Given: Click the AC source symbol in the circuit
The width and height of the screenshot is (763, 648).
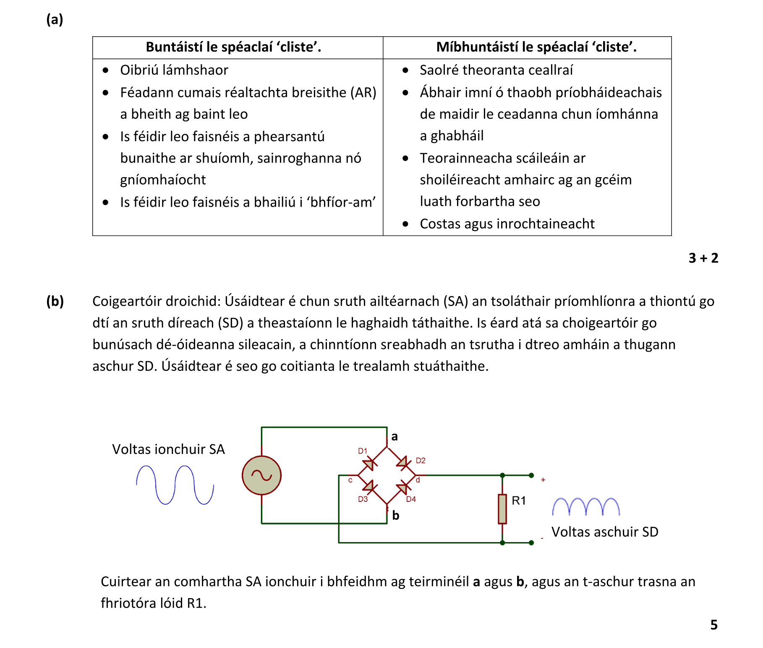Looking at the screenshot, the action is coord(261,475).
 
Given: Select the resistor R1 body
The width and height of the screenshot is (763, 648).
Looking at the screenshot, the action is coord(502,509).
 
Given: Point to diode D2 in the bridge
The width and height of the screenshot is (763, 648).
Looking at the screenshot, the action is coord(403,463).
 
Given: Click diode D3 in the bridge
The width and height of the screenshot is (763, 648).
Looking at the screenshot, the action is coord(369,487).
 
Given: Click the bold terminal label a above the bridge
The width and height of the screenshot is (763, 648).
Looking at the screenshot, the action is coord(395,437).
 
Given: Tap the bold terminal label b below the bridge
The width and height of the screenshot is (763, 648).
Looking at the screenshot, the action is coord(396,515).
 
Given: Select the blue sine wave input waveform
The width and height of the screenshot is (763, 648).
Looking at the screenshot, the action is coord(175,485).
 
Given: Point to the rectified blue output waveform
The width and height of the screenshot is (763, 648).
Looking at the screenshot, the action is coord(586,506).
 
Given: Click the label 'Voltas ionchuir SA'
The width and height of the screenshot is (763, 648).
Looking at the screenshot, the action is coord(168,449).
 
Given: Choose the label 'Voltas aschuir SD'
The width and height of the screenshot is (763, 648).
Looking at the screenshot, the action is coord(605,532).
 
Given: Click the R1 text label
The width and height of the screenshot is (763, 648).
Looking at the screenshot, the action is coord(519,500).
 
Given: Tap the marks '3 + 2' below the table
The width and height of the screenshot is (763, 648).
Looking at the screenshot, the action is coord(703,258).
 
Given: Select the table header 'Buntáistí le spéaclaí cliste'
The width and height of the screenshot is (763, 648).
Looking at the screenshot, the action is coord(233,47).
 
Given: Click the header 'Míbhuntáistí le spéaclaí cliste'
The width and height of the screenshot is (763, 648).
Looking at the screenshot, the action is coord(536,47).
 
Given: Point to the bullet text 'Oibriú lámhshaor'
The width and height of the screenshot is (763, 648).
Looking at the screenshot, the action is coord(174,70).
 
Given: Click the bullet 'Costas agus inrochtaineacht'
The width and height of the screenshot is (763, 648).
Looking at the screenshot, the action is coord(507,224).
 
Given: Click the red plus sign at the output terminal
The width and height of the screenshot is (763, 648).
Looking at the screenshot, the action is coord(543,480).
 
